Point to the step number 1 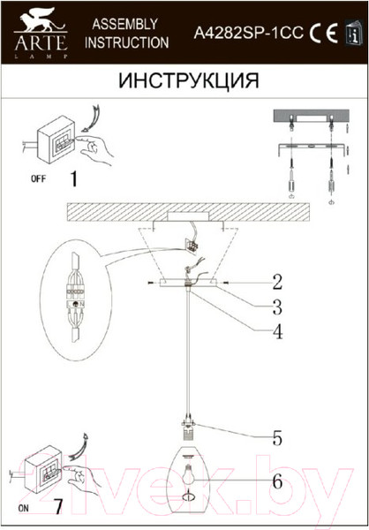point(73,179)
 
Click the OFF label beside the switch point(38,179)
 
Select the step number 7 point(59,508)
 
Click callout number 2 point(276,284)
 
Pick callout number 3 point(276,307)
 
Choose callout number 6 point(276,482)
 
